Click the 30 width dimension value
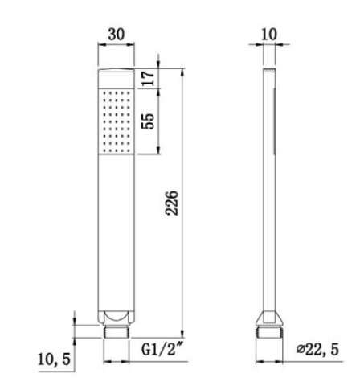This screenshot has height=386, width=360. coord(117,35)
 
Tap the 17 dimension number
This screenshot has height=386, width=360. coord(149,78)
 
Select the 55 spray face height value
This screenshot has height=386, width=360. coord(148,121)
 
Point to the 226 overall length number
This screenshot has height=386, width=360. coord(172,203)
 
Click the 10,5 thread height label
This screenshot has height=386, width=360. coord(54,359)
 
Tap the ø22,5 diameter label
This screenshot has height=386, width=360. coord(317,349)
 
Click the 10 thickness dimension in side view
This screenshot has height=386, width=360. coord(269,35)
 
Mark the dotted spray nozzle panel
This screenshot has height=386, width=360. coord(117,121)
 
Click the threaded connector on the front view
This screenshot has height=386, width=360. coord(117,331)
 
